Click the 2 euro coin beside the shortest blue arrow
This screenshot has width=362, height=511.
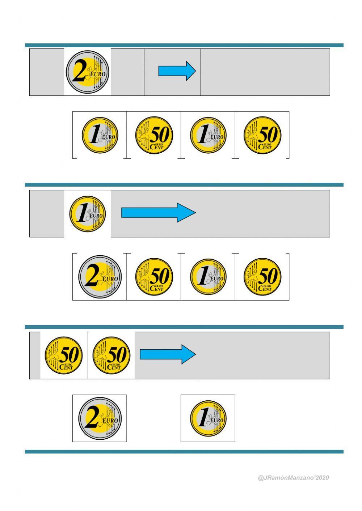click(x=88, y=72)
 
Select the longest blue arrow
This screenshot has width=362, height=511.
click(x=158, y=213)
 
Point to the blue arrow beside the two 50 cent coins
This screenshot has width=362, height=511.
click(x=167, y=354)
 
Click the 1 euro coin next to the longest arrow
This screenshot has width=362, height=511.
click(x=88, y=213)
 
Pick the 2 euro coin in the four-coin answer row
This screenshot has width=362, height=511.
click(x=100, y=277)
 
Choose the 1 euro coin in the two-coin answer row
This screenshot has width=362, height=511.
click(x=208, y=418)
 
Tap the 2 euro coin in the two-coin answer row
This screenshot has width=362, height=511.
click(x=100, y=418)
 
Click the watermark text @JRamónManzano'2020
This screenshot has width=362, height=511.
click(x=293, y=478)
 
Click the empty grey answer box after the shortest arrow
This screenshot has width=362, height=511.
click(x=265, y=72)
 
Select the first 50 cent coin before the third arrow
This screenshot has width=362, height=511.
click(x=64, y=355)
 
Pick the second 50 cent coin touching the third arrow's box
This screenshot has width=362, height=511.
click(x=111, y=355)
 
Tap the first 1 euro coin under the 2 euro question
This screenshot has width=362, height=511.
click(x=100, y=135)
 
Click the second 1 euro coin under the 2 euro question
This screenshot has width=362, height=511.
click(x=208, y=135)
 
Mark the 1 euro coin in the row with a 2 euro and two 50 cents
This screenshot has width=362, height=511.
click(x=208, y=277)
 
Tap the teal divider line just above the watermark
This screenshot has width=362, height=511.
click(x=184, y=452)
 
